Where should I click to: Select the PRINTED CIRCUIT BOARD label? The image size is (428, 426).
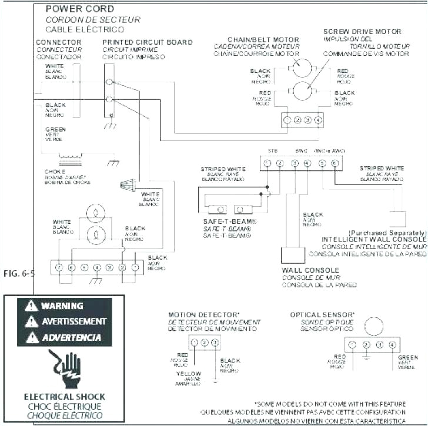pos(147,42)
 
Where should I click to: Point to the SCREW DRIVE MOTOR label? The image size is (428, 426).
pos(362,31)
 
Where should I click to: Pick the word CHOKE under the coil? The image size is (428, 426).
pos(55,172)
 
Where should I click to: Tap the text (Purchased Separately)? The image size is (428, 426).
pos(386,232)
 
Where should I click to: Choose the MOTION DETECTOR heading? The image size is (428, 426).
pos(204,315)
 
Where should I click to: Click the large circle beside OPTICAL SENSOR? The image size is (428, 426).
pos(373,326)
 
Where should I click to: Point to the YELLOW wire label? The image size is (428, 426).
pos(188,374)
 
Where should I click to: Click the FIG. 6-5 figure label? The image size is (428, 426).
pos(18,274)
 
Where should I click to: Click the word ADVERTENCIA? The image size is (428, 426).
pos(71,337)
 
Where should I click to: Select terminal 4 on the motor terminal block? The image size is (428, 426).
pos(318,120)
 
